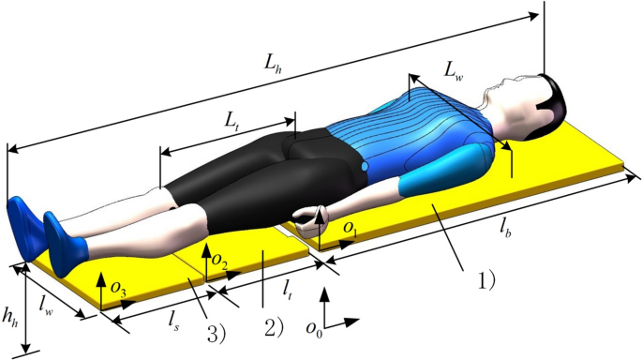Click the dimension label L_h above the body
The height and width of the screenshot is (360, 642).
[273, 64]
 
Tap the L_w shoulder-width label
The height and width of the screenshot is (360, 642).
[454, 72]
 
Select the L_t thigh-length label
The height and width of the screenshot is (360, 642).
[231, 121]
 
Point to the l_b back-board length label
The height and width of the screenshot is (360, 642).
[505, 231]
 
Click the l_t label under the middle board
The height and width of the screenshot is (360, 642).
[287, 292]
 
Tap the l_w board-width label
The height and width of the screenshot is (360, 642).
[46, 306]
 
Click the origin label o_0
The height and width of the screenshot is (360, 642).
[314, 328]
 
